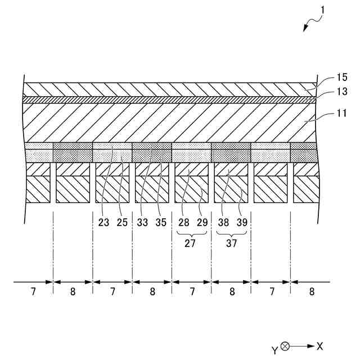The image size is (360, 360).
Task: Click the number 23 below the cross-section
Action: pos(103,222)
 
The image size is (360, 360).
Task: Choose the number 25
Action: pos(123,222)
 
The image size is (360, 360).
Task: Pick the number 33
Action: pos(143,222)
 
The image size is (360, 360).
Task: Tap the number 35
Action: pos(161,222)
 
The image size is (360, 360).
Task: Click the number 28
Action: pos(182,222)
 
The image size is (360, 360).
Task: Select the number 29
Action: pos(201,222)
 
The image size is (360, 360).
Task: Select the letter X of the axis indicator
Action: pos(319,346)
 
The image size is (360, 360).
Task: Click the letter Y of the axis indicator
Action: pos(274,350)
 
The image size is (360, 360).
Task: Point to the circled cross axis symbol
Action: pos(285,346)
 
